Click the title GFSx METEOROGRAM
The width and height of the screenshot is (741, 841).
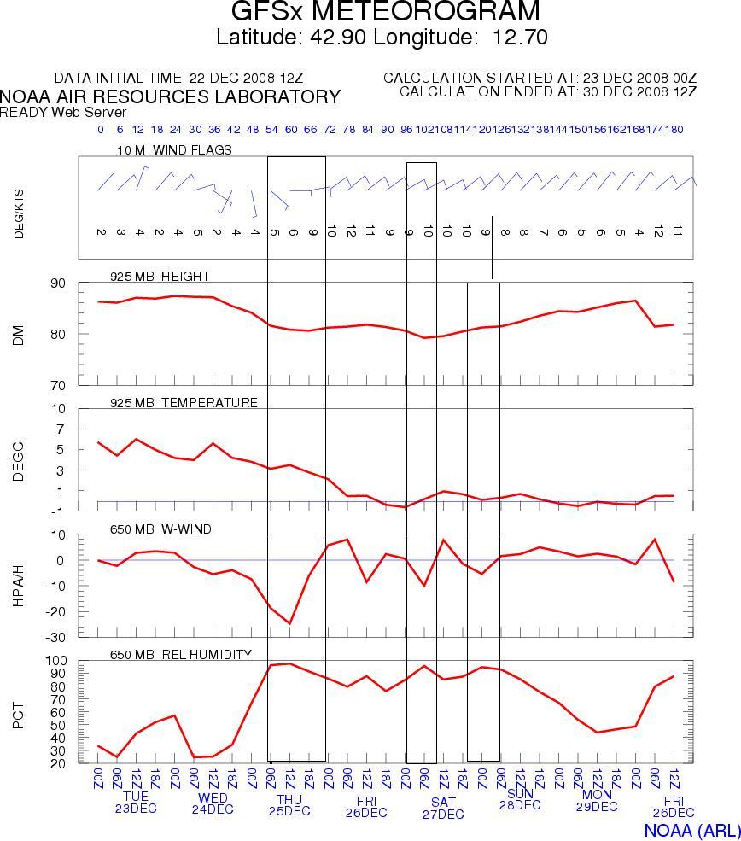point(385,13)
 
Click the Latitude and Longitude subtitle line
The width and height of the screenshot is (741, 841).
point(382,38)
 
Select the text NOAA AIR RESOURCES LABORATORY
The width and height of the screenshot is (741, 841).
point(170,96)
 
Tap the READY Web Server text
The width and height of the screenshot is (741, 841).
point(63,112)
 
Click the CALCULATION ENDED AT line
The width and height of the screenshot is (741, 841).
point(548,91)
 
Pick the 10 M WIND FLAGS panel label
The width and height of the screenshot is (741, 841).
point(175,150)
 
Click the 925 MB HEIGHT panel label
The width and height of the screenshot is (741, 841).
point(160,277)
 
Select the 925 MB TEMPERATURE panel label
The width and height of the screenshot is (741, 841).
point(184,403)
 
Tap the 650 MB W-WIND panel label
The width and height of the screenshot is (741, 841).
point(160,529)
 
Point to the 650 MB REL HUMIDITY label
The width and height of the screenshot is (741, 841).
point(180,655)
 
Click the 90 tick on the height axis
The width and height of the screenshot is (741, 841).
point(57,283)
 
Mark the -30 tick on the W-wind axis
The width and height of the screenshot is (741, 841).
point(55,638)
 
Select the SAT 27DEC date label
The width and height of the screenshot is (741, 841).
point(443,808)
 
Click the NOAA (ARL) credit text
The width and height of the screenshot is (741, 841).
point(687,831)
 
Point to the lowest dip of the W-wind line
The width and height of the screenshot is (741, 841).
point(289,623)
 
